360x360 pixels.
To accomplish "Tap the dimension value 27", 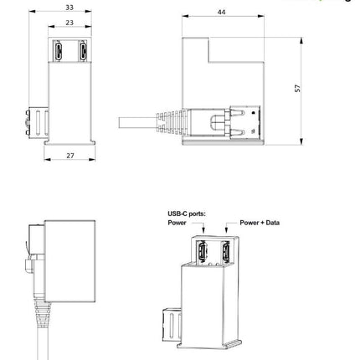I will pyautogui.click(x=71, y=156).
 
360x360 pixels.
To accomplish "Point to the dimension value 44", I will pyautogui.click(x=221, y=13).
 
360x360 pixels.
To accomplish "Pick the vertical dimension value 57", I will pyautogui.click(x=298, y=88).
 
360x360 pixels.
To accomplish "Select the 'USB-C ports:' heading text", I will pyautogui.click(x=187, y=213).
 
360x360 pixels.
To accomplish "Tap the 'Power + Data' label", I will pyautogui.click(x=260, y=223).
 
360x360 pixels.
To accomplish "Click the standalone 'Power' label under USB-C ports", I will pyautogui.click(x=177, y=223).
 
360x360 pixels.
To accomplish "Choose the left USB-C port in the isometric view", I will pyautogui.click(x=202, y=252).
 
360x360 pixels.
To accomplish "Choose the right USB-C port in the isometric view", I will pyautogui.click(x=225, y=252).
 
